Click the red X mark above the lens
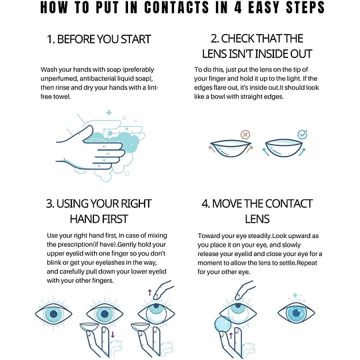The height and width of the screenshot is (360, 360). click(245, 135)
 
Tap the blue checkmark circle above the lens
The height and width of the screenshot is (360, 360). click(302, 135)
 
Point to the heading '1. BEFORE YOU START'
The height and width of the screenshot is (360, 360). click(98, 39)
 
